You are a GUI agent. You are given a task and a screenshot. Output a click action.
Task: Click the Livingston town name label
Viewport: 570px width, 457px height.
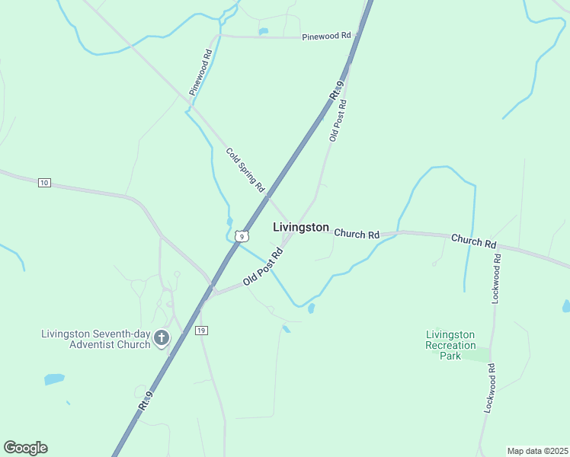tap(301, 227)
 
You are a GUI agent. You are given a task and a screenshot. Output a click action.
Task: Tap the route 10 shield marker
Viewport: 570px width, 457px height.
tap(44, 183)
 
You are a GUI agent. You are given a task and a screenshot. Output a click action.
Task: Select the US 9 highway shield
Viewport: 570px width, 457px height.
tap(242, 237)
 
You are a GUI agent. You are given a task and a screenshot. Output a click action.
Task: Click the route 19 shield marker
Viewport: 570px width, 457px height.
tap(201, 330)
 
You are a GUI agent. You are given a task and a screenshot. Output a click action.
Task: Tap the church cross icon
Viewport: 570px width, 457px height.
tap(162, 337)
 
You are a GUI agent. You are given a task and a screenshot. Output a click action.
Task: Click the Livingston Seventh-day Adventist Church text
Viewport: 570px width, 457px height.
tap(95, 339)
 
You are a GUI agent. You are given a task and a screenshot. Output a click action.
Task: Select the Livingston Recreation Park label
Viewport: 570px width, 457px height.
tap(450, 345)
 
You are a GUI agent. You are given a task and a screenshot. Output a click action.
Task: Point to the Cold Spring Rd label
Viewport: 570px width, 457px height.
tap(245, 170)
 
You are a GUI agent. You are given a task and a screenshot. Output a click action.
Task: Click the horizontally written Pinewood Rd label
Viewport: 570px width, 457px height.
tap(326, 36)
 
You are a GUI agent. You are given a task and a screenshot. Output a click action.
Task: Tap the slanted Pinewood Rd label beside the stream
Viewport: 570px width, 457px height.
tap(200, 72)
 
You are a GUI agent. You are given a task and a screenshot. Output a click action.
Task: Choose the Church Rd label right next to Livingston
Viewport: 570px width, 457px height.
tap(357, 235)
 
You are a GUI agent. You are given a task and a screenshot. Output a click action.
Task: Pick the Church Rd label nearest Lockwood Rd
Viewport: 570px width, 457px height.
tap(473, 241)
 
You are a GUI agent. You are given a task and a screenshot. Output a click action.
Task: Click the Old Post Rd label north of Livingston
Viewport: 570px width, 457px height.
tap(338, 120)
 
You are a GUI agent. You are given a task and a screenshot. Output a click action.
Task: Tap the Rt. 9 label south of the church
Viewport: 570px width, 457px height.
tap(146, 401)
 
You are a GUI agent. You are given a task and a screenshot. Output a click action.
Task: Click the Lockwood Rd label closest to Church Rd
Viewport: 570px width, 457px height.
tap(496, 279)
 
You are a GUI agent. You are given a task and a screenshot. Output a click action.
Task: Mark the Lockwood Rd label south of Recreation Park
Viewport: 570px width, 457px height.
tap(489, 388)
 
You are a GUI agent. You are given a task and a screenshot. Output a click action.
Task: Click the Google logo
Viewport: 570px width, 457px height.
tap(25, 448)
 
